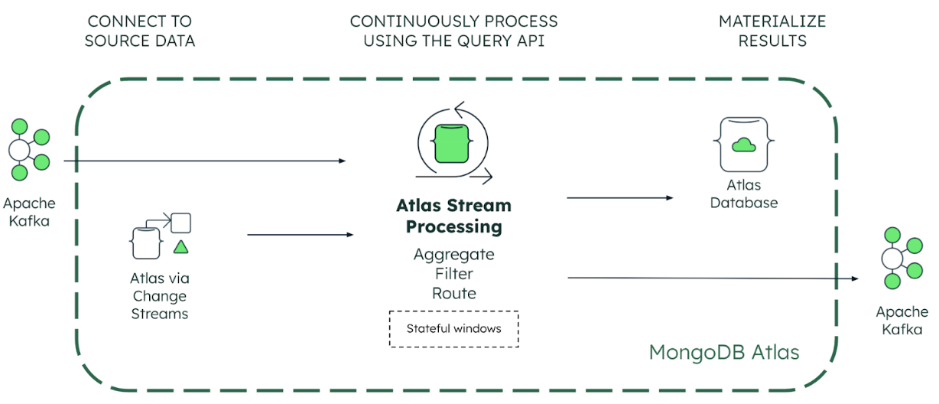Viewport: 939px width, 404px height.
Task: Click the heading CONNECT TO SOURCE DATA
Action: coord(139,31)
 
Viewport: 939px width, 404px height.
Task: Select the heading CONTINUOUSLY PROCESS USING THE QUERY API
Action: coord(453,31)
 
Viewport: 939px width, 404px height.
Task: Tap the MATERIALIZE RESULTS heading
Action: coord(772,31)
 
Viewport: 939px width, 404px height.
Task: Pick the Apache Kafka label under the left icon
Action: coord(29,212)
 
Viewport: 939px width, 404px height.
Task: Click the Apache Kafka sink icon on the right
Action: coord(901,259)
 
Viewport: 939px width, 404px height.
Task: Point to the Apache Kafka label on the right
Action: coord(902,321)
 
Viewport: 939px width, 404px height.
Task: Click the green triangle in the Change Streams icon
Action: coord(180,247)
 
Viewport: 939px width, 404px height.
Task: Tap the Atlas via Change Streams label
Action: coord(160,296)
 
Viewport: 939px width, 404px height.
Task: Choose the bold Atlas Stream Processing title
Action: coord(453,217)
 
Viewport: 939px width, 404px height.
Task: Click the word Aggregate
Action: coord(453,254)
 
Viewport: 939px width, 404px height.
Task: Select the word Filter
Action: coord(453,274)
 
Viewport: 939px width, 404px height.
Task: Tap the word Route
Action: coord(453,294)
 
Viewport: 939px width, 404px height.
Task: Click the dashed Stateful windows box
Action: coord(453,329)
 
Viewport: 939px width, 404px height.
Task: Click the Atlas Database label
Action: coord(744,194)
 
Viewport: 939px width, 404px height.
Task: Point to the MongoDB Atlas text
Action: coord(723,353)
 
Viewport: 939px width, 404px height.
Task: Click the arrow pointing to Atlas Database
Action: coord(619,197)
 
